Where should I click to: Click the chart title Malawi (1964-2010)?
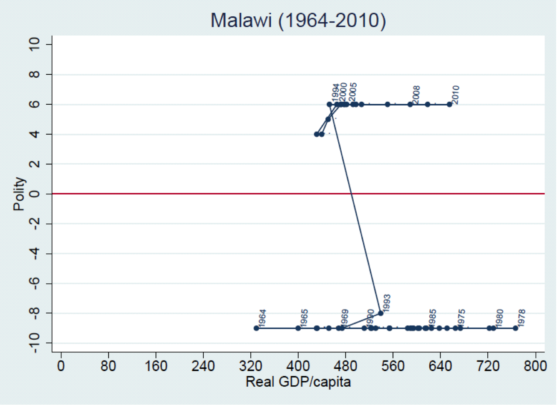(x=298, y=20)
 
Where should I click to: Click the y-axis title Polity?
(x=19, y=194)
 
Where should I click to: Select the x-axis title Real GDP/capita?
(x=298, y=382)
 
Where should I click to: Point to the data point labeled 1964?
(x=256, y=328)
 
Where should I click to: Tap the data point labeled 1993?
(x=381, y=313)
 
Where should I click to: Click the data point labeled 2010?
(x=449, y=104)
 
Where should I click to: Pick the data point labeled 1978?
(x=516, y=328)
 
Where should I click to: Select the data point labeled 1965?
(x=298, y=328)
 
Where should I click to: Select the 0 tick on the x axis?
(x=61, y=366)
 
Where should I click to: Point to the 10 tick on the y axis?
(x=35, y=44)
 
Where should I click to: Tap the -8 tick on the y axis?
(x=35, y=313)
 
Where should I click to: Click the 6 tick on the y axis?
(x=35, y=104)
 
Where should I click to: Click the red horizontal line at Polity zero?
(x=171, y=194)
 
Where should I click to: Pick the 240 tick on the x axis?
(x=203, y=366)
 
